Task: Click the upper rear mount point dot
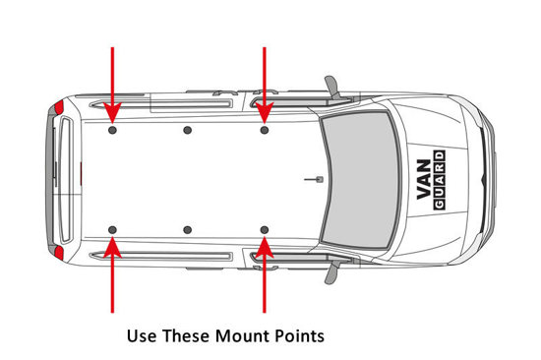pyautogui.click(x=112, y=130)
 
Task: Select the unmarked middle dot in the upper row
pyautogui.click(x=187, y=130)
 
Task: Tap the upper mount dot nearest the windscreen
pyautogui.click(x=265, y=130)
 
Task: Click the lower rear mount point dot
pyautogui.click(x=112, y=230)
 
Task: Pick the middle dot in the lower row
pyautogui.click(x=187, y=230)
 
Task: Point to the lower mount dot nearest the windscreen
pyautogui.click(x=265, y=230)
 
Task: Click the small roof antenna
pyautogui.click(x=315, y=179)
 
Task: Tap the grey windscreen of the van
pyautogui.click(x=360, y=179)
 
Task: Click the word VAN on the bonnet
pyautogui.click(x=424, y=179)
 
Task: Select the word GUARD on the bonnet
pyautogui.click(x=440, y=179)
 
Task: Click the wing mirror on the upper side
pyautogui.click(x=332, y=87)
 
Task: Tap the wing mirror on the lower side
pyautogui.click(x=332, y=272)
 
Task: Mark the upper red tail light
pyautogui.click(x=59, y=107)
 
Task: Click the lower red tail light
pyautogui.click(x=59, y=253)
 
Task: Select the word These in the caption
pyautogui.click(x=186, y=335)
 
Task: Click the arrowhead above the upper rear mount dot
pyautogui.click(x=112, y=112)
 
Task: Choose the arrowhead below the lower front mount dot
pyautogui.click(x=265, y=247)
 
